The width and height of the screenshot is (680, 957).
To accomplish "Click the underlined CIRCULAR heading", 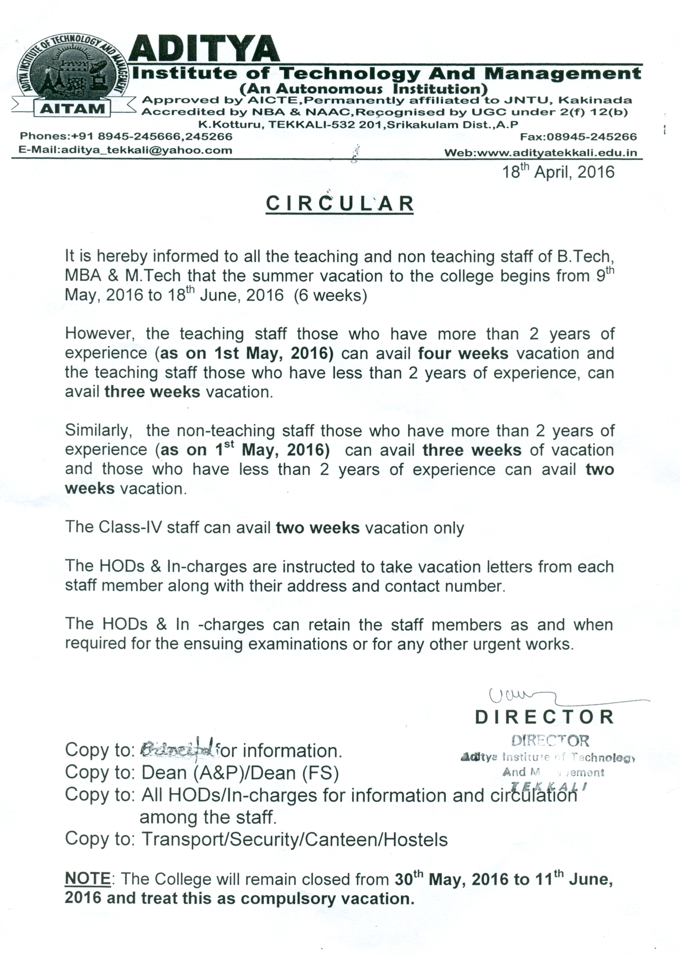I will click(x=340, y=204).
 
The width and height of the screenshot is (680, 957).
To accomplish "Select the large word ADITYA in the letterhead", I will click(x=204, y=49).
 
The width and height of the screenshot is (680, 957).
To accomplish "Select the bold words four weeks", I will click(x=463, y=353).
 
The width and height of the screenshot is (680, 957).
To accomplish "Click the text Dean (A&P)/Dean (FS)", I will click(x=240, y=773).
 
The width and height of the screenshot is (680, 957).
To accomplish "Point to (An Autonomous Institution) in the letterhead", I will click(x=363, y=89).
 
